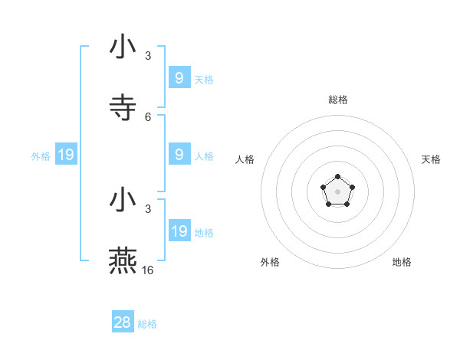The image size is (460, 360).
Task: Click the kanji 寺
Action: tap(123, 108)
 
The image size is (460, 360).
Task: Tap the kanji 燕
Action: tap(123, 261)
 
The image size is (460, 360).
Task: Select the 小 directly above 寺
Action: tap(123, 47)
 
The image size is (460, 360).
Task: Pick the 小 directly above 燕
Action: tap(123, 200)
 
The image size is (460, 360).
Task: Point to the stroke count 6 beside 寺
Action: tap(148, 117)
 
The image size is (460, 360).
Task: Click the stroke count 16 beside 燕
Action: tap(148, 270)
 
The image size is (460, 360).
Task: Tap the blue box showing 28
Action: tap(123, 322)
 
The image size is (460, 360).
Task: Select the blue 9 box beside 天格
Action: tap(179, 78)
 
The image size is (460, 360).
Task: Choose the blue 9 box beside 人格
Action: tap(179, 155)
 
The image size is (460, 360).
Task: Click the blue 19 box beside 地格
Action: tap(179, 231)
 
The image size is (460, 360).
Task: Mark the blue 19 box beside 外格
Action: tap(66, 155)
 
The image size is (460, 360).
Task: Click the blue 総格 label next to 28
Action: tap(147, 324)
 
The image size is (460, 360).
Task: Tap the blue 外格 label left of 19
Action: tap(41, 156)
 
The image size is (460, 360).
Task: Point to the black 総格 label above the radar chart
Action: tap(338, 100)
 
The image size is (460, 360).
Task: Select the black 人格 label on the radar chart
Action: tap(245, 159)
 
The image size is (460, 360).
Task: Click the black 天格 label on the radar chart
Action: tap(431, 159)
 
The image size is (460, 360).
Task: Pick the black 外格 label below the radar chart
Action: tap(270, 262)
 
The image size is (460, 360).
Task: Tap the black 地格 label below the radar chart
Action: tap(402, 262)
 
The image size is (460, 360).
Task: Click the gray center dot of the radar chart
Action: tap(338, 191)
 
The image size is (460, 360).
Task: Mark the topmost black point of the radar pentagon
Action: tap(338, 177)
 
